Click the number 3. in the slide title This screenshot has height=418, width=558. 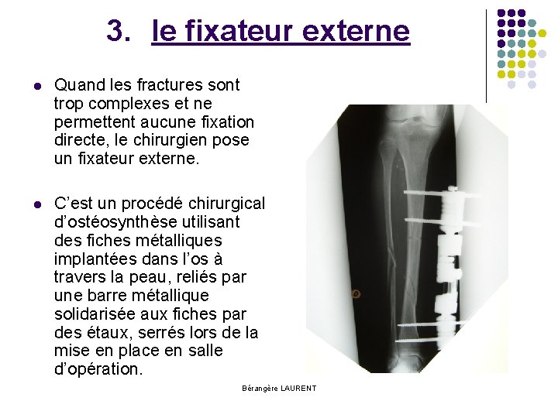coord(119,32)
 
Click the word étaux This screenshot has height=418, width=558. coord(104,333)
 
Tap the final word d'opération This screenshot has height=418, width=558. coord(98,370)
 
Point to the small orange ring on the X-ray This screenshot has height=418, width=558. coord(356,294)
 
